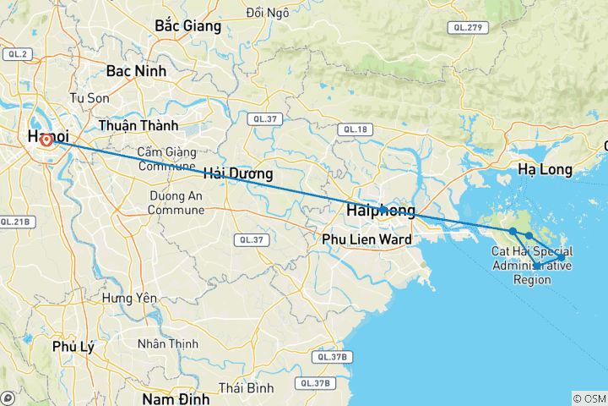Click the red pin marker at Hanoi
[46, 140]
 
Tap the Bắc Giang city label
[188, 26]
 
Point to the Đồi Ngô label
[268, 13]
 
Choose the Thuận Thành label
[138, 125]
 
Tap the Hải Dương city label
[237, 175]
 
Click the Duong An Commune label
[176, 202]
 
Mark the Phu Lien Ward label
[367, 239]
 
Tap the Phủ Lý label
[68, 347]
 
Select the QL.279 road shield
[467, 28]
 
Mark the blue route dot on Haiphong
[383, 209]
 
